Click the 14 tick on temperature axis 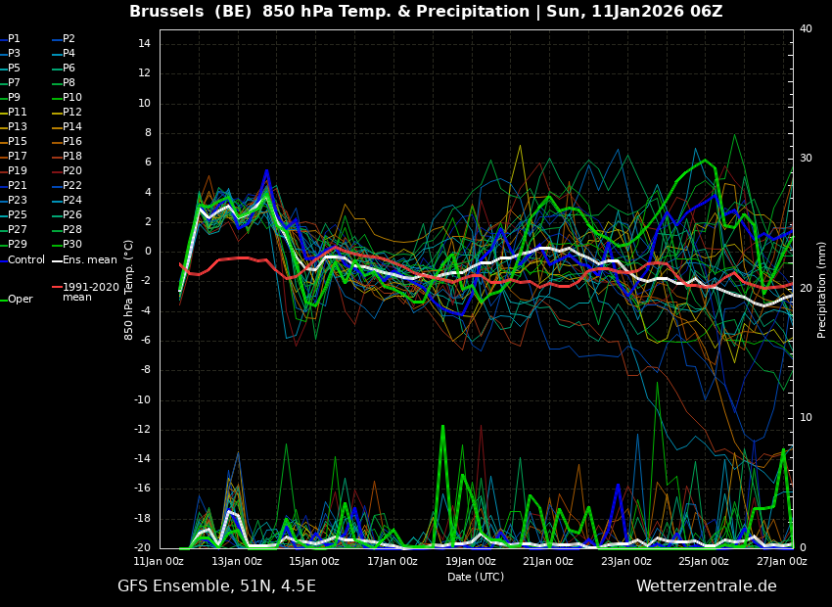click(x=144, y=44)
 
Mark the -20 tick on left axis click(x=142, y=548)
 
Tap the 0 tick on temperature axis click(x=148, y=252)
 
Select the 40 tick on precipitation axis click(x=806, y=28)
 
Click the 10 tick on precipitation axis click(x=806, y=418)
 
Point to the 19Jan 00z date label click(x=471, y=561)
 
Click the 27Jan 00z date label click(x=782, y=561)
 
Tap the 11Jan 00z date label click(x=159, y=561)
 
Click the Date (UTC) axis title click(x=476, y=577)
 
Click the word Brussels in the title click(x=166, y=11)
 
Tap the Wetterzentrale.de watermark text click(x=707, y=586)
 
